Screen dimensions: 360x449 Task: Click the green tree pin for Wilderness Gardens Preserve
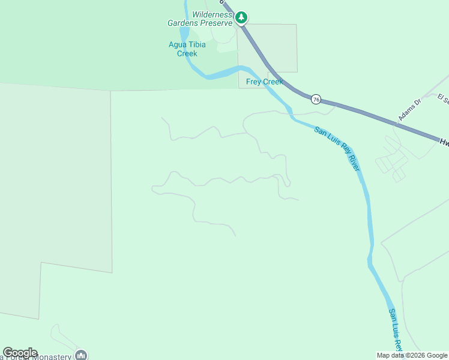(241, 17)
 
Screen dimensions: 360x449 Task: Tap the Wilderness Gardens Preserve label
(199, 19)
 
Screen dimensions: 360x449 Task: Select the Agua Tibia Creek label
(187, 49)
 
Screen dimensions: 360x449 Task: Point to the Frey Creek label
(264, 82)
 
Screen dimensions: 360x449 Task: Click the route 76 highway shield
(316, 98)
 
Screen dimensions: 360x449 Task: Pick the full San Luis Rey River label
(337, 148)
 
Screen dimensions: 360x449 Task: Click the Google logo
(20, 353)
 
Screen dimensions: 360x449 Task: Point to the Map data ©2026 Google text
(412, 355)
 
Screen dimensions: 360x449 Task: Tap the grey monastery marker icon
(81, 355)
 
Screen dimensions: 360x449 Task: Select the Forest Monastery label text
(36, 356)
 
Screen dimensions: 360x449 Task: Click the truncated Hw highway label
(444, 143)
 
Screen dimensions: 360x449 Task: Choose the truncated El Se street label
(443, 98)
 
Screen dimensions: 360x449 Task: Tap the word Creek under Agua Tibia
(187, 53)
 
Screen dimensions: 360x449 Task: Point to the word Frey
(253, 82)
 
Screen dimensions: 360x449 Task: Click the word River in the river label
(354, 161)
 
